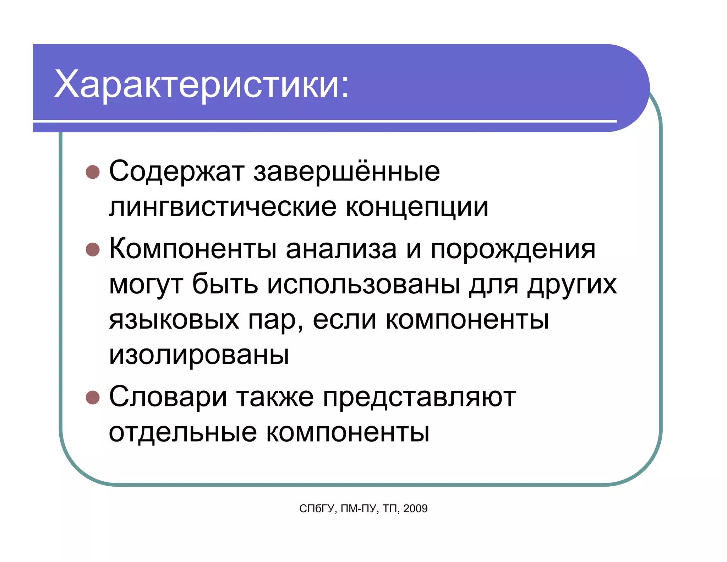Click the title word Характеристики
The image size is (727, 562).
(x=202, y=85)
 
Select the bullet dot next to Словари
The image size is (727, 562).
(x=93, y=398)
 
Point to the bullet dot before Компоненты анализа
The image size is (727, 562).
(x=93, y=249)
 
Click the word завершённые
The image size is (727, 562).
(x=346, y=172)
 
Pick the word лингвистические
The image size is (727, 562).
(x=223, y=207)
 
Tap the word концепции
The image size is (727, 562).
(x=417, y=207)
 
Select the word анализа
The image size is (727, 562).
(x=341, y=249)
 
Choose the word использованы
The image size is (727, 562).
(x=363, y=285)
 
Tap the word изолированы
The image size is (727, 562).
(x=199, y=355)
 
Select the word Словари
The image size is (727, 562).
(x=168, y=397)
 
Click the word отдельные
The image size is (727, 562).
(x=183, y=433)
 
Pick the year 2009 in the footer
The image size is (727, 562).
(x=415, y=509)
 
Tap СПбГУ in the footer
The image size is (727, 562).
(x=317, y=509)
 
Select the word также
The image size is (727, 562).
(x=275, y=397)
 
